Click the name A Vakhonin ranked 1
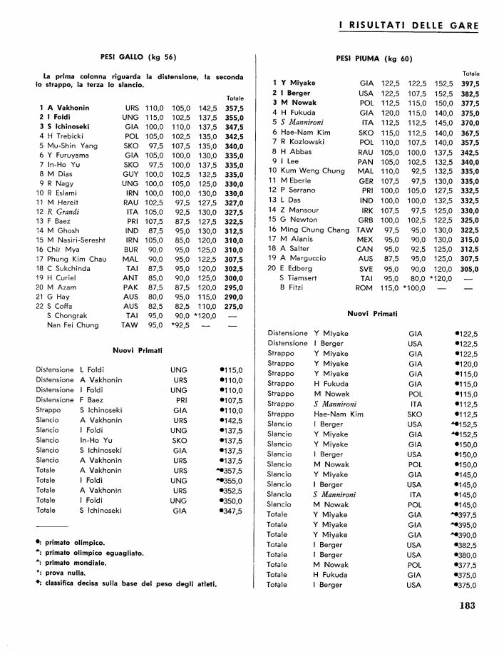68,107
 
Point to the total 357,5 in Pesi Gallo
235,107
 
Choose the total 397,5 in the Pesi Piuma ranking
470,83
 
